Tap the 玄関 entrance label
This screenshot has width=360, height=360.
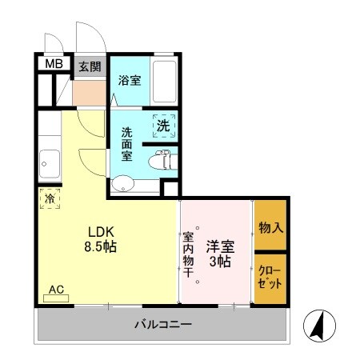pyautogui.click(x=88, y=66)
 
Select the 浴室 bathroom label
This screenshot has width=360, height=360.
pyautogui.click(x=130, y=80)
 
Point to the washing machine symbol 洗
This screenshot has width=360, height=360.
pyautogui.click(x=163, y=126)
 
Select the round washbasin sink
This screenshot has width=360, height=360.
pyautogui.click(x=123, y=186)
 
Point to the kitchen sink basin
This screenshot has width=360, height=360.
pyautogui.click(x=48, y=166)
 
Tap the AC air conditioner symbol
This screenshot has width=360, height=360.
pyautogui.click(x=57, y=294)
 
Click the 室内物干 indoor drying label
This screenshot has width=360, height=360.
pyautogui.click(x=188, y=254)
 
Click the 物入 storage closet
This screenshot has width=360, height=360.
pyautogui.click(x=270, y=227)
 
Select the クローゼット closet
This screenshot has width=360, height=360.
pyautogui.click(x=270, y=278)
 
